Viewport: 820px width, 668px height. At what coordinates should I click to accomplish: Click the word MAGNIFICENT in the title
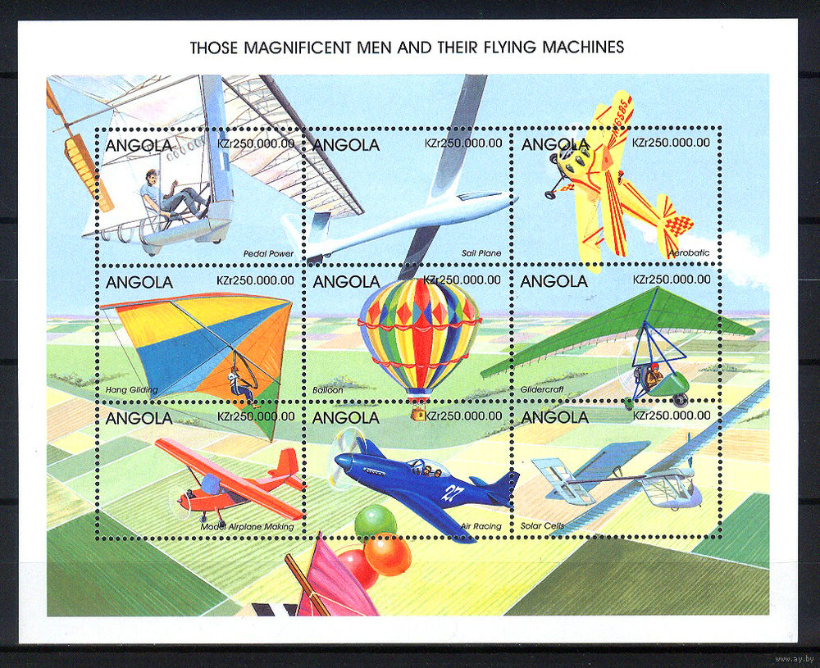(x=298, y=48)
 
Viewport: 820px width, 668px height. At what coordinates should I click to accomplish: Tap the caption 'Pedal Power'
(x=268, y=253)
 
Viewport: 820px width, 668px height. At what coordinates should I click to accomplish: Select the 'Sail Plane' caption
(x=481, y=253)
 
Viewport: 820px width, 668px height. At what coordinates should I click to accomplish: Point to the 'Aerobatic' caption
(x=690, y=252)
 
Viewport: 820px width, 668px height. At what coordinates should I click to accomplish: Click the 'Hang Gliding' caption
(x=131, y=389)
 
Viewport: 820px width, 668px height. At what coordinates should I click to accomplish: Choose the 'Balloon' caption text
(x=328, y=390)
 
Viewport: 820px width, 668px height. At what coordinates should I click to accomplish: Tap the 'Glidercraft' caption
(x=542, y=389)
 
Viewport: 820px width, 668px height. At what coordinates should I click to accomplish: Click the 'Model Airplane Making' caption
(x=247, y=527)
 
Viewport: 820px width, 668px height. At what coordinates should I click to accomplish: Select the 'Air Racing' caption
(x=481, y=526)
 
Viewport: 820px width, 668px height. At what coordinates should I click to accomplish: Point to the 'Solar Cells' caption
(x=542, y=526)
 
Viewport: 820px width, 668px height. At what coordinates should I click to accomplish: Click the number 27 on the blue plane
(x=449, y=493)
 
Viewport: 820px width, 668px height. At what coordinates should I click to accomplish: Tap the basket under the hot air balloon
(x=418, y=413)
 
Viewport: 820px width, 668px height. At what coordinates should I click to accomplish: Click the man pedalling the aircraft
(x=171, y=193)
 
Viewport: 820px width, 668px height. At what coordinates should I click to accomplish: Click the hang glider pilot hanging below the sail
(x=242, y=384)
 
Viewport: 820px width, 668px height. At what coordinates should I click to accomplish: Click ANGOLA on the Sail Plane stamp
(x=346, y=145)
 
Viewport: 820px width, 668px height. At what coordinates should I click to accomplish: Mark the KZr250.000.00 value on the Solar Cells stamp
(x=672, y=415)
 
